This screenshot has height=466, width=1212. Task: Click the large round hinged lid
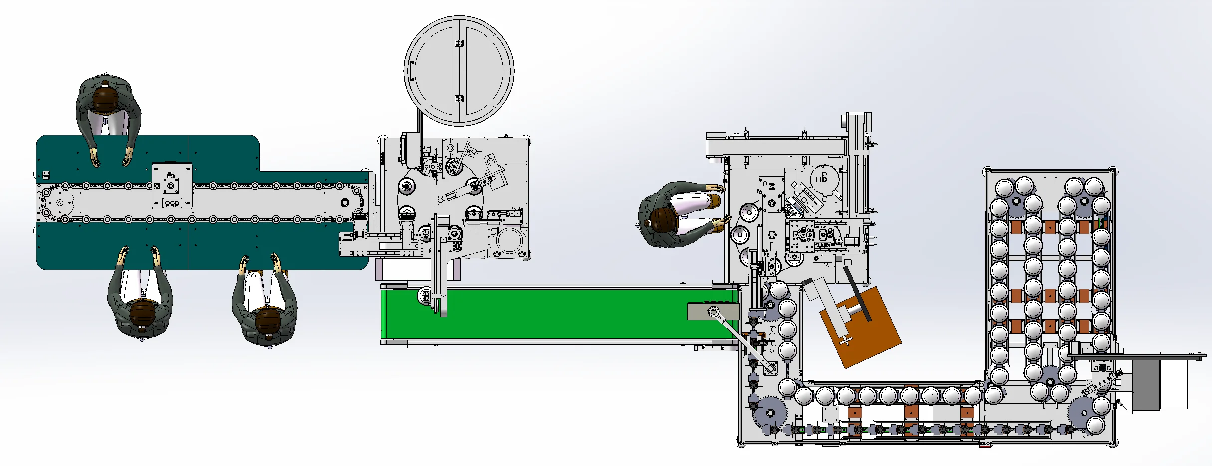[x=459, y=71]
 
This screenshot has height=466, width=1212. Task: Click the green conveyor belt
[x=549, y=314]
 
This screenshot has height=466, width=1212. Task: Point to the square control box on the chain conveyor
[x=172, y=186]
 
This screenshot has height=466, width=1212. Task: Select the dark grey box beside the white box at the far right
[x=1146, y=385]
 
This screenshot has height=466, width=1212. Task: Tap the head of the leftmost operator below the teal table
[x=142, y=314]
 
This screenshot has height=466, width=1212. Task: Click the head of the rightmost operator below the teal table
[x=267, y=322]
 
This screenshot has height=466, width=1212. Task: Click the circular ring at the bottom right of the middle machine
[x=509, y=240]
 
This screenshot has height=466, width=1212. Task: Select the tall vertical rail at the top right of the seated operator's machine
[x=859, y=160]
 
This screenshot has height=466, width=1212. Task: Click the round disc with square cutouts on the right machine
[x=824, y=178]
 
